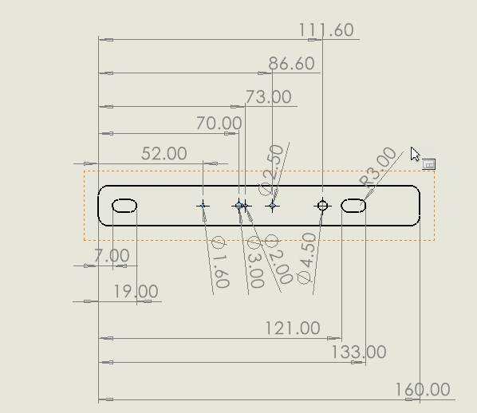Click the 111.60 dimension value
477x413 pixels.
pos(326,30)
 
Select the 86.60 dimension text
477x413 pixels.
pos(291,64)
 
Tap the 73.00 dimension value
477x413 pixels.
pos(268,97)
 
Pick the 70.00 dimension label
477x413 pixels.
pos(219,124)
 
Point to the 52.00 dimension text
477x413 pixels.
pos(164,154)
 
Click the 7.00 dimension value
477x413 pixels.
pos(112,255)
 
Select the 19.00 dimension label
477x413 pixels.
pos(136,291)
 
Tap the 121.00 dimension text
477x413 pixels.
pos(293,328)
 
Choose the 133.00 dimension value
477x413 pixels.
pos(358,352)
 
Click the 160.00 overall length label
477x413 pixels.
pos(423,390)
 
